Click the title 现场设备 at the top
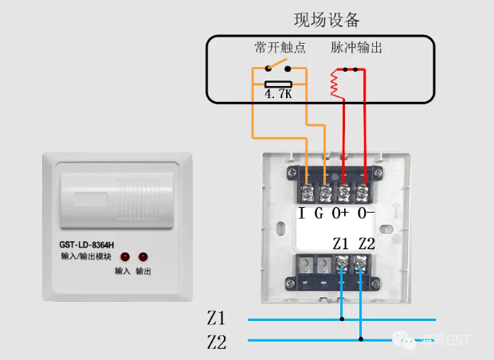[327, 19]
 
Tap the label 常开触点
[280, 48]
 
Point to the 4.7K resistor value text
[279, 95]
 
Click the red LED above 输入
[125, 257]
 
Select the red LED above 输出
[143, 257]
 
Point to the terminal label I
[303, 213]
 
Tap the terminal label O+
[342, 213]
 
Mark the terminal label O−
[366, 213]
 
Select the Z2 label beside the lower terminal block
[367, 243]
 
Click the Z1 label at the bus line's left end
[216, 319]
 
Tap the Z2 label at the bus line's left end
[216, 342]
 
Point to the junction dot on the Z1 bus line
[343, 319]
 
